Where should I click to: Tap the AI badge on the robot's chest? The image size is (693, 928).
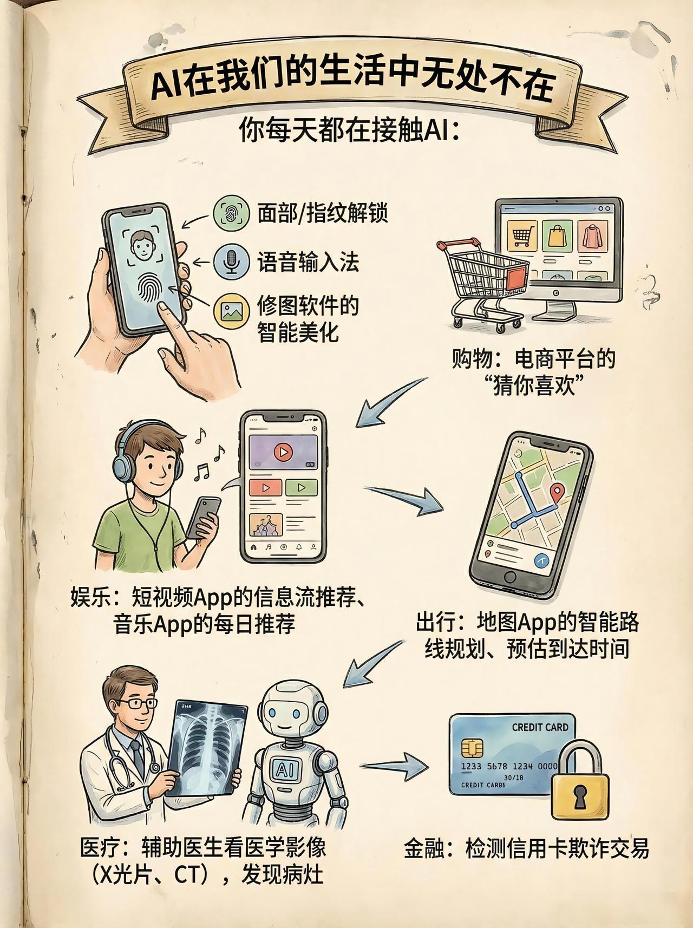click(285, 769)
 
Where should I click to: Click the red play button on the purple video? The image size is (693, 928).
click(282, 452)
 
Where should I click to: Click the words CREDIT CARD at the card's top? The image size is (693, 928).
click(540, 727)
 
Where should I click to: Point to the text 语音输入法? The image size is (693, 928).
click(308, 263)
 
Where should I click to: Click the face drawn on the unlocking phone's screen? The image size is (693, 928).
click(143, 246)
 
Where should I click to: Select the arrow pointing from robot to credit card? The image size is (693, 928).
click(394, 766)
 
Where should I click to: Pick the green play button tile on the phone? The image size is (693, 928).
click(302, 487)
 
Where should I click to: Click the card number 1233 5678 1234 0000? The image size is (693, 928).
click(509, 766)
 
